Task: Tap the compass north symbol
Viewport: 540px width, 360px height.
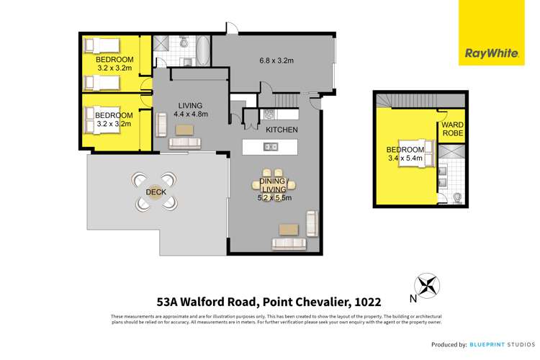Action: coord(426,285)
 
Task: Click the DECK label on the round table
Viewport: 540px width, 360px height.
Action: coord(155,192)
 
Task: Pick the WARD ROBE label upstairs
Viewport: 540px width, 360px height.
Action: coord(453,130)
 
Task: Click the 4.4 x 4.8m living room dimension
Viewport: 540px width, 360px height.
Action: coord(191,114)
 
